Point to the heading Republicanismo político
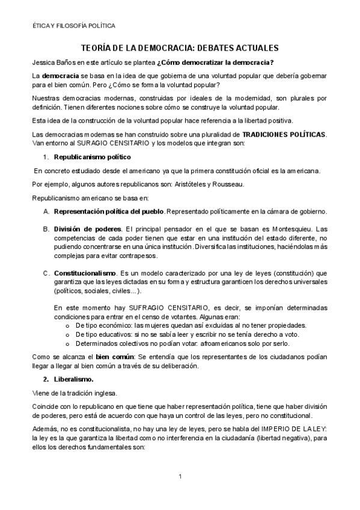92,157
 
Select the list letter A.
46,211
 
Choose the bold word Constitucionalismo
82,273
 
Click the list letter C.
46,273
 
